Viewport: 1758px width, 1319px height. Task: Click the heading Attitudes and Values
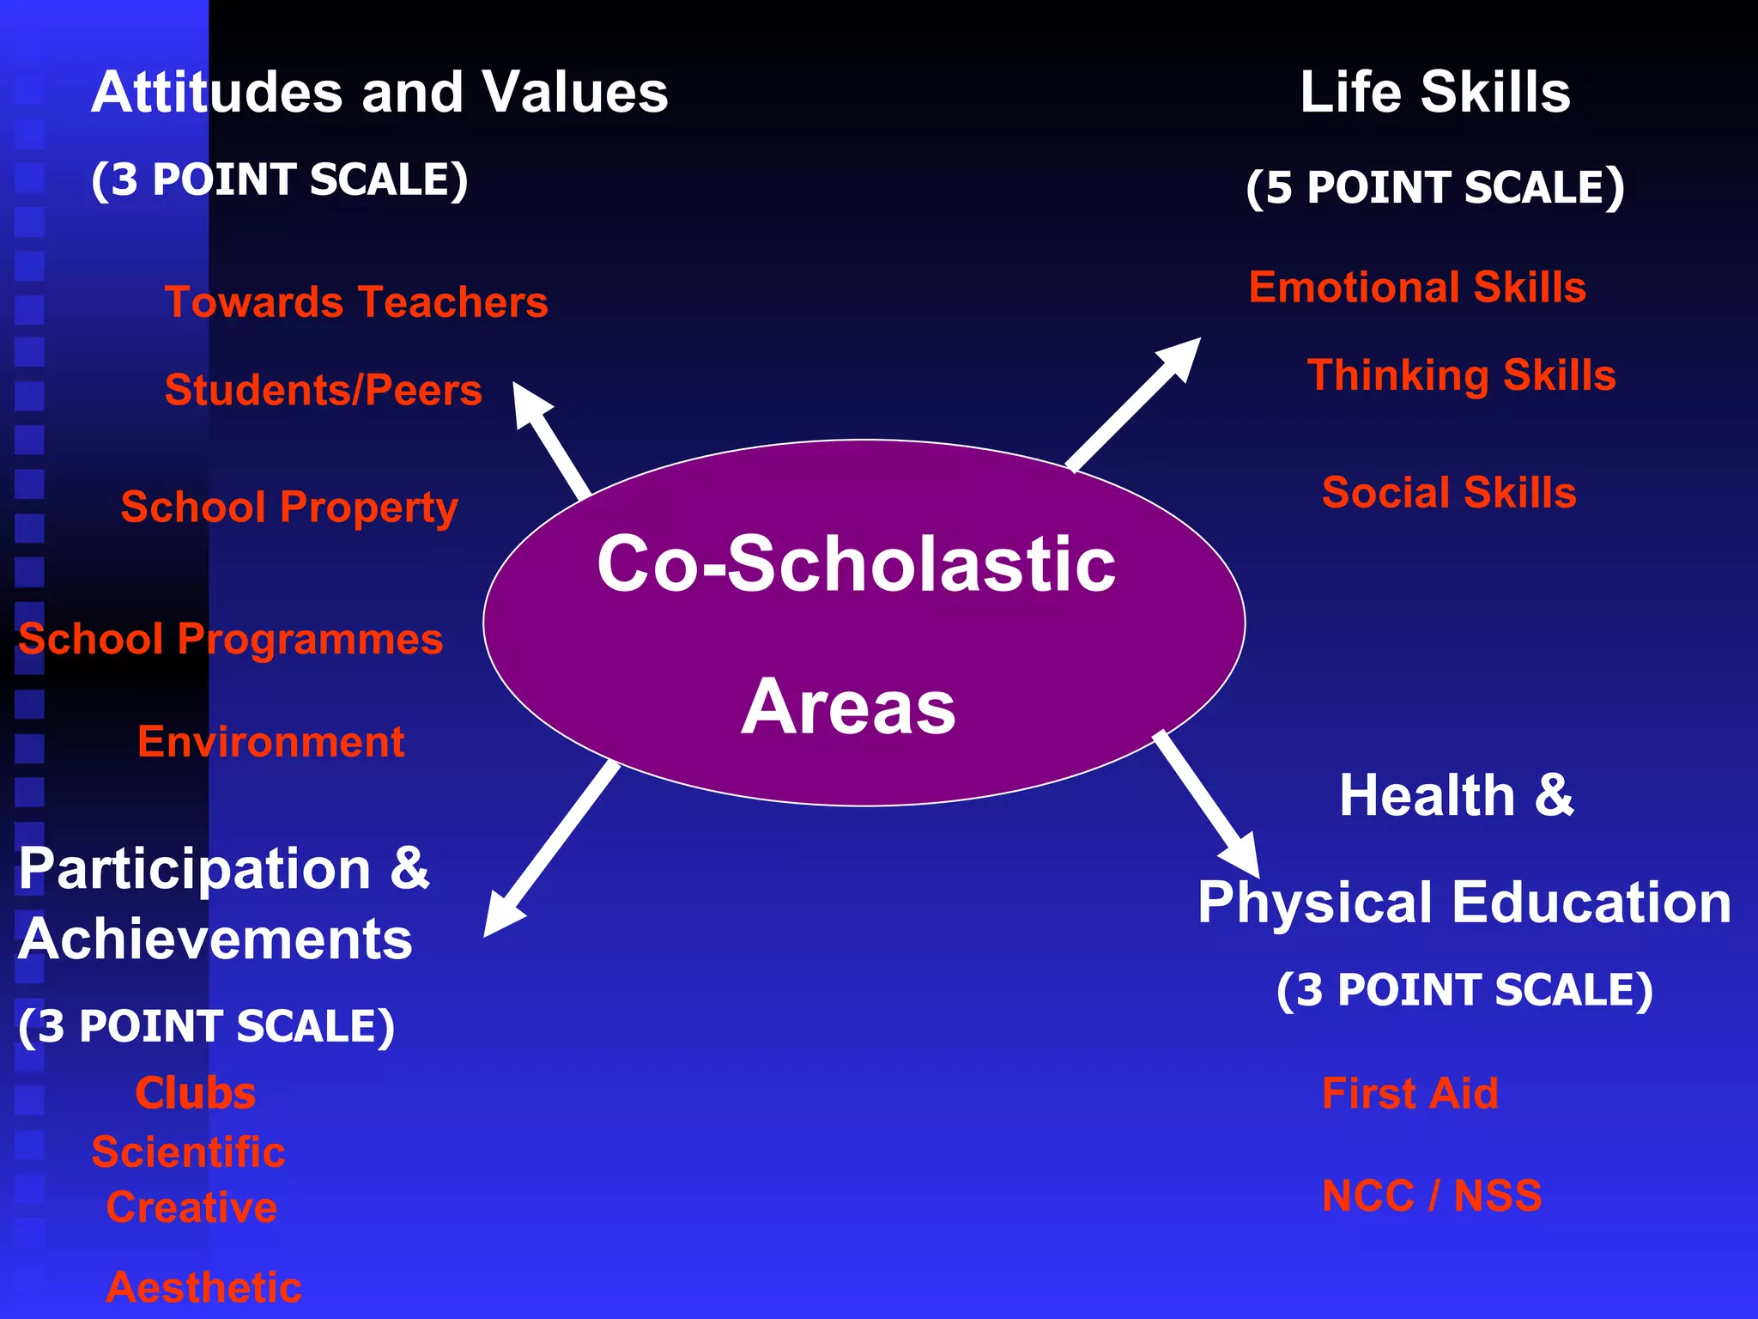(379, 92)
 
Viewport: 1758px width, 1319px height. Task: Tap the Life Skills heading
(1434, 92)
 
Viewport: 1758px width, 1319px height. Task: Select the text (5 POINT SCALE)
(1434, 187)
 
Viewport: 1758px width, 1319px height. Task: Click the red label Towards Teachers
(356, 302)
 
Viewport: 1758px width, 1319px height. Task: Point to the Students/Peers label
(323, 390)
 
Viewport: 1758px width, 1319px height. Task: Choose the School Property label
(289, 507)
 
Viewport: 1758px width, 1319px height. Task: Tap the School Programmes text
(230, 640)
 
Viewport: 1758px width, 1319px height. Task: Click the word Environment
(270, 742)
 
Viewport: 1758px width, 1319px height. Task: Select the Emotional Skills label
(1417, 287)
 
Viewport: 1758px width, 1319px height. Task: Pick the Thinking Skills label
(1461, 375)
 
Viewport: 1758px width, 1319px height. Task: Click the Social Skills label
(1449, 493)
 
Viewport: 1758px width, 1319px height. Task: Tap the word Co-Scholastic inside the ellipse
(856, 564)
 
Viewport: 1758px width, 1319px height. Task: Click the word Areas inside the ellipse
(848, 708)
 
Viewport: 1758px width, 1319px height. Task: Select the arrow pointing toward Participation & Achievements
(549, 850)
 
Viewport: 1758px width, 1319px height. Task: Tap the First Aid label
(1409, 1094)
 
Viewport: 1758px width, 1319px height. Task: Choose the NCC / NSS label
(1431, 1196)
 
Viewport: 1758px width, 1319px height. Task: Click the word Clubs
(196, 1094)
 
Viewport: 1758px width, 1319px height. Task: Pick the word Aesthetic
(203, 1287)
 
